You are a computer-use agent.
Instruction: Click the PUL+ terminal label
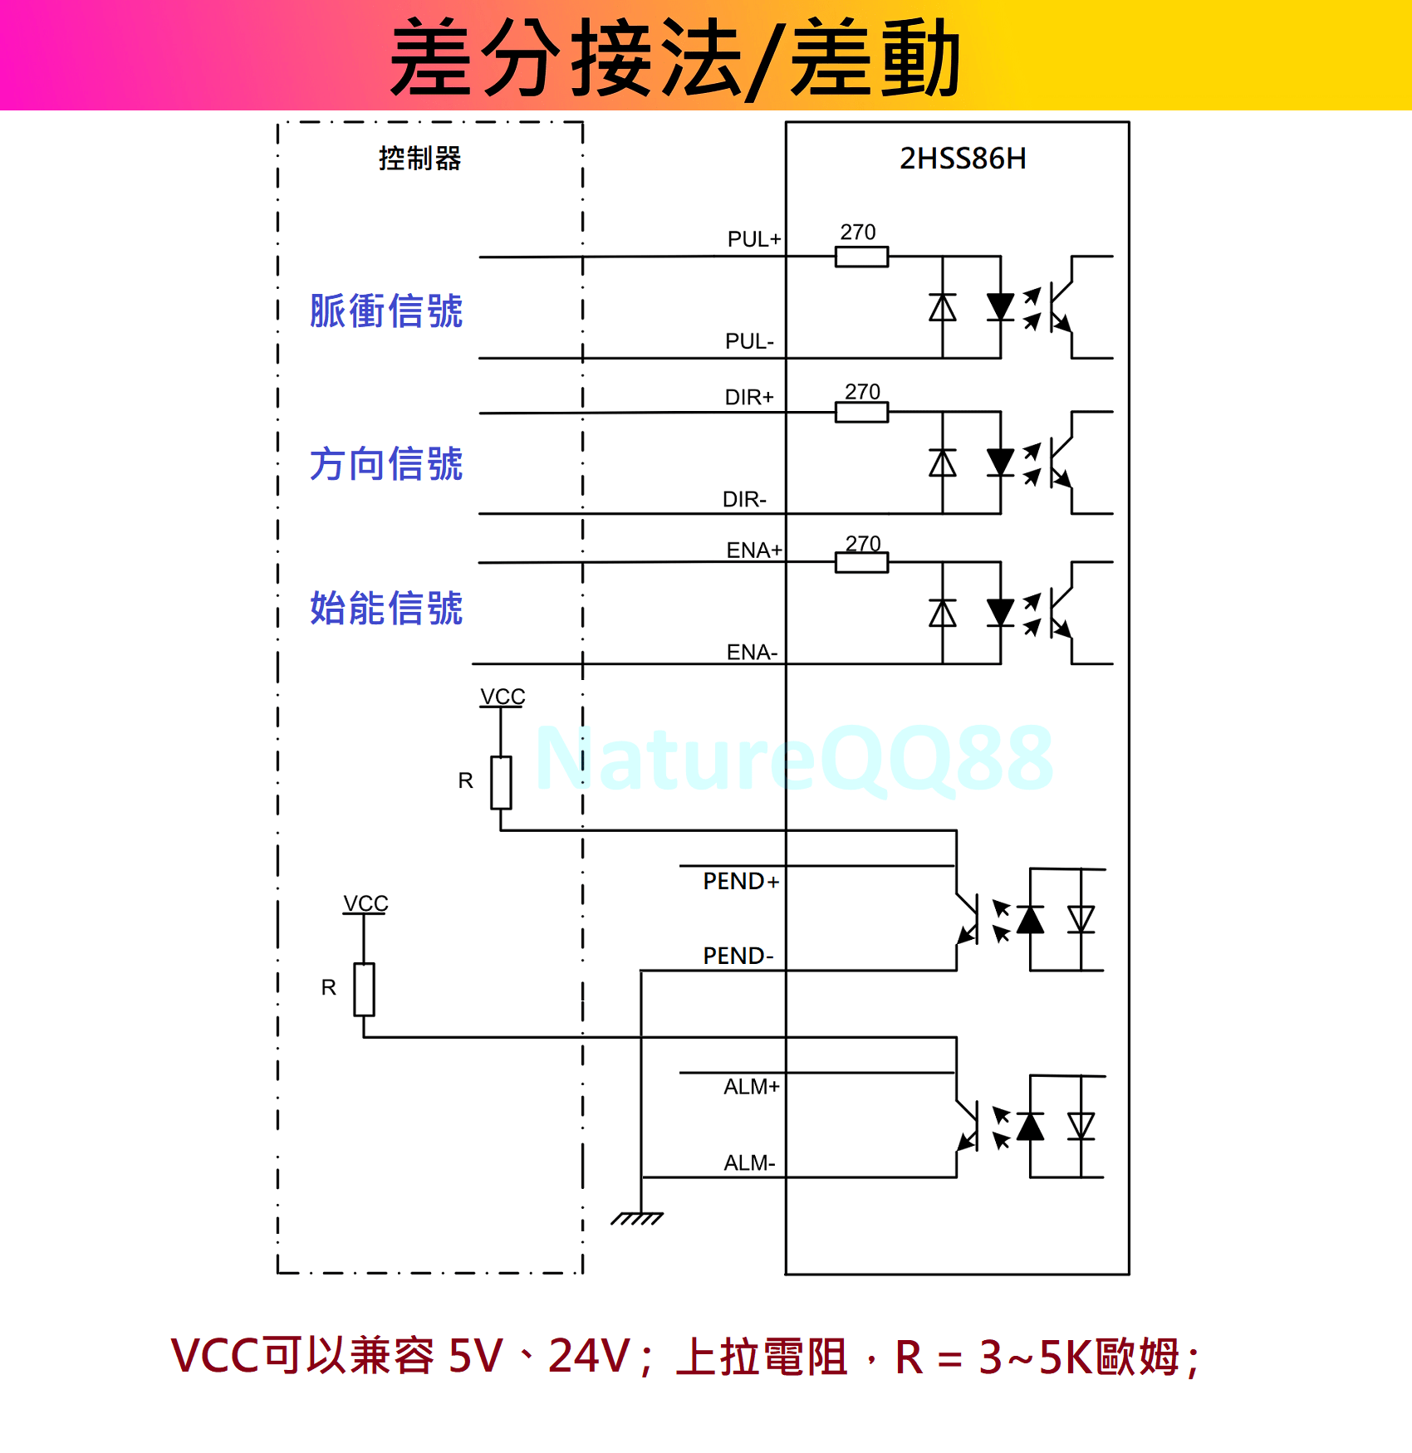point(753,239)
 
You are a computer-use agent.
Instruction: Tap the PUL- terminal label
point(749,341)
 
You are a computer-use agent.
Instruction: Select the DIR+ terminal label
point(749,397)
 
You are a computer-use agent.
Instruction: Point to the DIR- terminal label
point(744,499)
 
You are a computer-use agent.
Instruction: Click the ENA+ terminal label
point(753,550)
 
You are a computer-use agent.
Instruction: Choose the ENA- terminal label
point(752,652)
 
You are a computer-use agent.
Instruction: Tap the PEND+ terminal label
point(741,881)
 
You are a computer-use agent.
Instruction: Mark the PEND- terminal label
point(738,956)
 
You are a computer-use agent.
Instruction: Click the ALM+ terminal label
point(751,1087)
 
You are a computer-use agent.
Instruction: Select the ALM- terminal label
point(749,1162)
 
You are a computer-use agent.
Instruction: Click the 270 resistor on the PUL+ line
point(861,257)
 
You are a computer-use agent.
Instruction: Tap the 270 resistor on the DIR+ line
point(861,412)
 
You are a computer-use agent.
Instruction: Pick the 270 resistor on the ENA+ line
point(861,563)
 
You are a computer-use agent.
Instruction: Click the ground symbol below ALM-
point(638,1217)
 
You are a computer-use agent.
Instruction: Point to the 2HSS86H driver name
point(963,159)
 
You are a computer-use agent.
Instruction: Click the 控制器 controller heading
point(419,159)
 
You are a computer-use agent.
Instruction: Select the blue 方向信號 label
point(386,463)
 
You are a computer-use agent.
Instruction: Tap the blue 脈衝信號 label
point(386,311)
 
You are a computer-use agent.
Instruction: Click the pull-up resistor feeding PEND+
point(501,782)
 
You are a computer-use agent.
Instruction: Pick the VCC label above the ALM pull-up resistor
point(365,903)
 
